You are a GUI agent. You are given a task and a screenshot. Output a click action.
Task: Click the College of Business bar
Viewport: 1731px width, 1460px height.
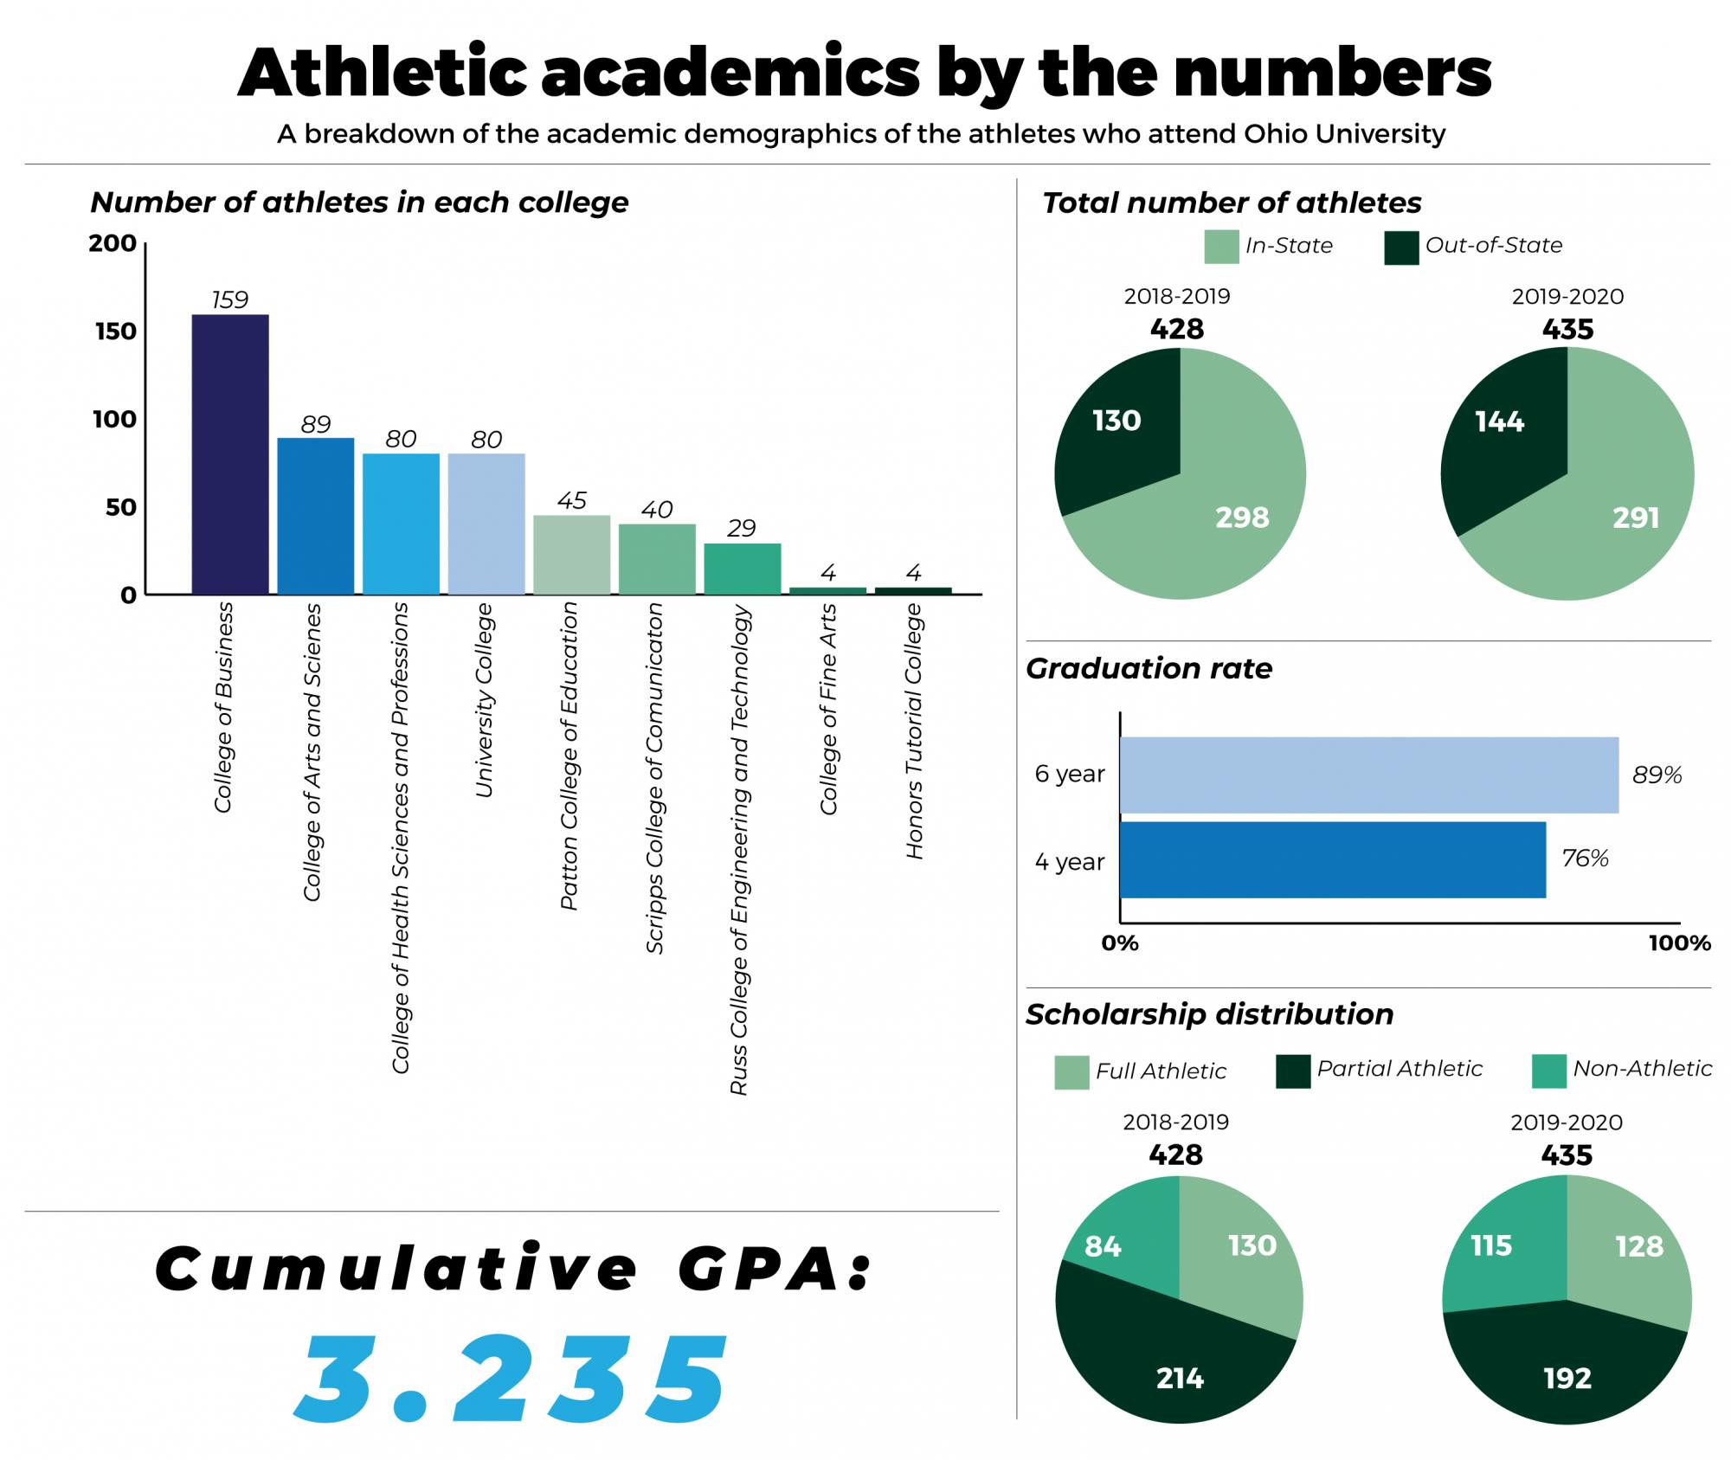pyautogui.click(x=229, y=454)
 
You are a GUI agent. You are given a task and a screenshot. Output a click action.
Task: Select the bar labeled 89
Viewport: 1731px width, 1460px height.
pyautogui.click(x=315, y=516)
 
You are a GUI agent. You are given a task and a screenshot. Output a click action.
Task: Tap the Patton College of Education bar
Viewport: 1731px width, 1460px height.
pyautogui.click(x=571, y=555)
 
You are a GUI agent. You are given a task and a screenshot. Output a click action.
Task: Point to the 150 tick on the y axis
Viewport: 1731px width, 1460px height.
pyautogui.click(x=116, y=331)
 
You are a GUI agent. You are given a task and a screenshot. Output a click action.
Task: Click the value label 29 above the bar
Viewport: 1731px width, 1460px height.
pyautogui.click(x=742, y=528)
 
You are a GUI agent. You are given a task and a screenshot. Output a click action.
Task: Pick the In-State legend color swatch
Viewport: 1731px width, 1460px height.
pyautogui.click(x=1220, y=247)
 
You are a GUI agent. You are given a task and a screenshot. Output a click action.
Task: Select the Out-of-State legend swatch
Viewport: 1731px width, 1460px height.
pyautogui.click(x=1400, y=247)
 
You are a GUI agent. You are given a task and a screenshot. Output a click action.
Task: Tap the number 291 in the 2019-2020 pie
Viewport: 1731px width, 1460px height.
pyautogui.click(x=1635, y=518)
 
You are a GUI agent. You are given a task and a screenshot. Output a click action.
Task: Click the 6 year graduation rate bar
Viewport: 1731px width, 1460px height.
pyautogui.click(x=1367, y=775)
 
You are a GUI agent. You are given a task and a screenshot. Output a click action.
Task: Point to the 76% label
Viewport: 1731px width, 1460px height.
pyautogui.click(x=1584, y=859)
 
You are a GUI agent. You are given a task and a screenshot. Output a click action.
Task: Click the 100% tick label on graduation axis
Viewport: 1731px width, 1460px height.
pyautogui.click(x=1678, y=943)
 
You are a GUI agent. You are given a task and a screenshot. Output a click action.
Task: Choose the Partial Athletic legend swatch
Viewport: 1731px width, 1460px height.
pyautogui.click(x=1292, y=1071)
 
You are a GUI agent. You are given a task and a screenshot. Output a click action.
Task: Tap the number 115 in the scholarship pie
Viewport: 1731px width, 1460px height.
pyautogui.click(x=1490, y=1246)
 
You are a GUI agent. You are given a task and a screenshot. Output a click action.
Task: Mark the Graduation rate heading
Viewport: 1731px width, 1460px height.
pyautogui.click(x=1149, y=668)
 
